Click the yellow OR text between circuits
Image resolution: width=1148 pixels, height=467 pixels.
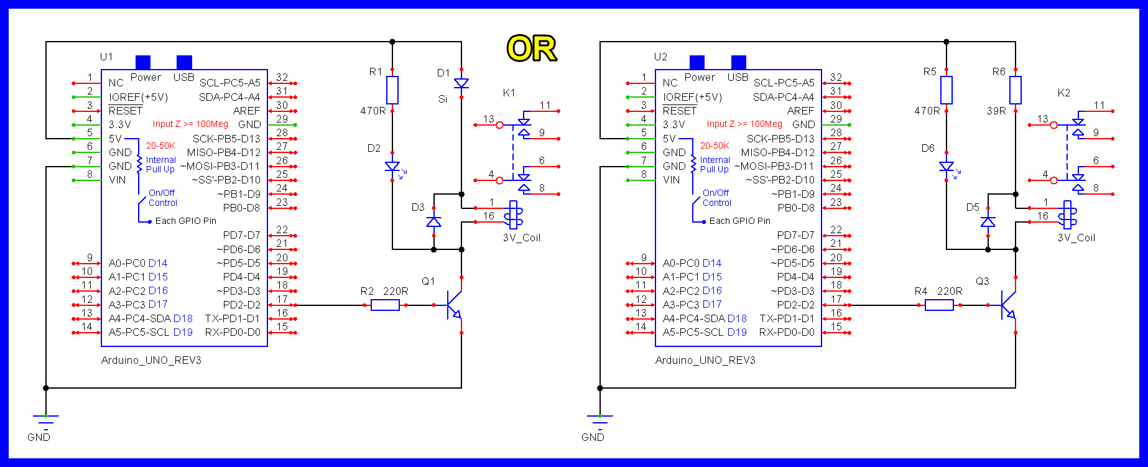click(532, 49)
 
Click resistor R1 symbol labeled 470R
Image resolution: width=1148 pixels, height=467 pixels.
click(392, 90)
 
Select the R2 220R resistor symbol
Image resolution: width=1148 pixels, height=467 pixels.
click(385, 305)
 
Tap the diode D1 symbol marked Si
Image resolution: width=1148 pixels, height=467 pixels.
click(461, 83)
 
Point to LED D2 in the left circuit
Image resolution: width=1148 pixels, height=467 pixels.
click(392, 167)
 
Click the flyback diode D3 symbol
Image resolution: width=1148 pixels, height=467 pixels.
click(434, 221)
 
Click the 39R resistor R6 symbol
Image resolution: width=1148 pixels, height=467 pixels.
click(1016, 90)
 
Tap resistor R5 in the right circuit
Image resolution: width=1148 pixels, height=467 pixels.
click(947, 90)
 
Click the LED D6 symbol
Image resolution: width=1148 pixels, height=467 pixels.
click(947, 167)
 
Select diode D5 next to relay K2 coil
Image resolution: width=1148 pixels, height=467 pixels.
click(988, 221)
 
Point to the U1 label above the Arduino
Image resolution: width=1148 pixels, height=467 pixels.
click(106, 57)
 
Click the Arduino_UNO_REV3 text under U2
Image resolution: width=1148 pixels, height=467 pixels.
click(705, 360)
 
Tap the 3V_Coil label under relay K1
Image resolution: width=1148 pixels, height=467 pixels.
click(521, 238)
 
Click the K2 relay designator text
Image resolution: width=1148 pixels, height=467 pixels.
click(1063, 93)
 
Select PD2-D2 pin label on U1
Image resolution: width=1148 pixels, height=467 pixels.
click(241, 305)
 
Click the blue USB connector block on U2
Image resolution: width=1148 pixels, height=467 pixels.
click(739, 62)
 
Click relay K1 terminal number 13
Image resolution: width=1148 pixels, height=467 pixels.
click(489, 118)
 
